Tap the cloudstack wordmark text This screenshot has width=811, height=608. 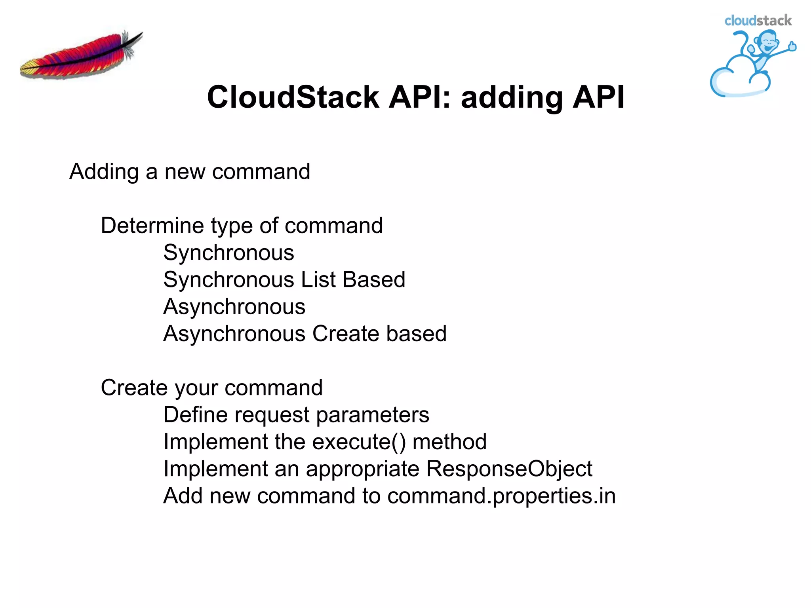coord(758,21)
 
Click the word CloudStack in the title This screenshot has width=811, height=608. coord(293,97)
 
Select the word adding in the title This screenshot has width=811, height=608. coord(512,97)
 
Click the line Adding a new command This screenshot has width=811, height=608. coord(190,172)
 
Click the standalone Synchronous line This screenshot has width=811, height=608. coord(228,253)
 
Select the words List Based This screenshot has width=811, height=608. coord(353,279)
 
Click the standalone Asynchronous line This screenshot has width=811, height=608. coord(234,307)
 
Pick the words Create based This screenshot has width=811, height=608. coord(379,334)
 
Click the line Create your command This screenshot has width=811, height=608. coord(211,388)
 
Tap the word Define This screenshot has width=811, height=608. coord(195,415)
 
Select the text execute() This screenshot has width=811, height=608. coord(359,442)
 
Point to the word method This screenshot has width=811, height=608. coord(449,442)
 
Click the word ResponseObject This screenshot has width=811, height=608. coord(509,469)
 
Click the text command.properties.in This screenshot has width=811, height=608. coord(501,496)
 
